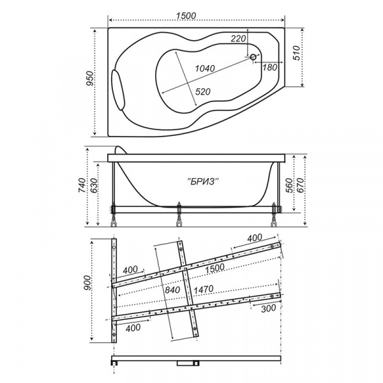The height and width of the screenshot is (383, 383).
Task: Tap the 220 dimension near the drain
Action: click(238, 39)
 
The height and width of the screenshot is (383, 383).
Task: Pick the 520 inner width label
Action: click(202, 92)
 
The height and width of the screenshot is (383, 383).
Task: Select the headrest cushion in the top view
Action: click(119, 86)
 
